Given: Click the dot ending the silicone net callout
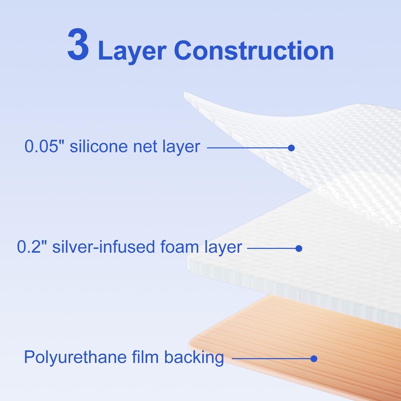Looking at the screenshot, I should pos(291,147).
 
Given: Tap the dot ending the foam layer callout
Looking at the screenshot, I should pos(299,248).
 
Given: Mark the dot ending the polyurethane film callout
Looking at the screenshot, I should pos(314,358).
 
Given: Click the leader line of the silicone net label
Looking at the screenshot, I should pos(248,147).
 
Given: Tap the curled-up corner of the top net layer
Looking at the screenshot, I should pos(200,100).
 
